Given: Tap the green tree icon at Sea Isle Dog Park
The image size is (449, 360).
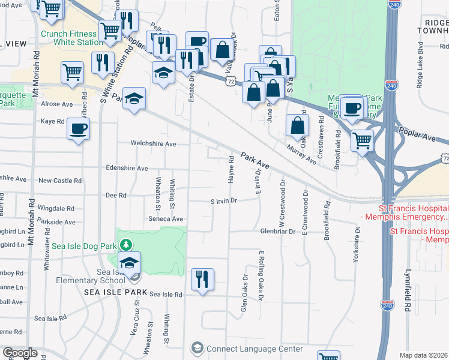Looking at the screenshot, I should [125, 244].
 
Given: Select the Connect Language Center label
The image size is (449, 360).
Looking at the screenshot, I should [254, 349].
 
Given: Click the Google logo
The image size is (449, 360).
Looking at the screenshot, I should [20, 353].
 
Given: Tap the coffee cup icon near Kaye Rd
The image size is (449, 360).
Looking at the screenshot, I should [79, 129].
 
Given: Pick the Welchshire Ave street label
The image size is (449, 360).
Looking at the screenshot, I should [154, 144].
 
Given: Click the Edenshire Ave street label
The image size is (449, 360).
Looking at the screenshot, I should [126, 169].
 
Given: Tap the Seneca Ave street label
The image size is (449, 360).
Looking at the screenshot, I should [166, 219].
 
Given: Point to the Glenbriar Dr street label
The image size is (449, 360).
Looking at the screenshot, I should [279, 231].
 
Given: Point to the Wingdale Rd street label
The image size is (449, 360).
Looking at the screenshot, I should [56, 208].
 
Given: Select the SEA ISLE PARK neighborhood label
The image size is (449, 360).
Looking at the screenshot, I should [115, 292].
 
